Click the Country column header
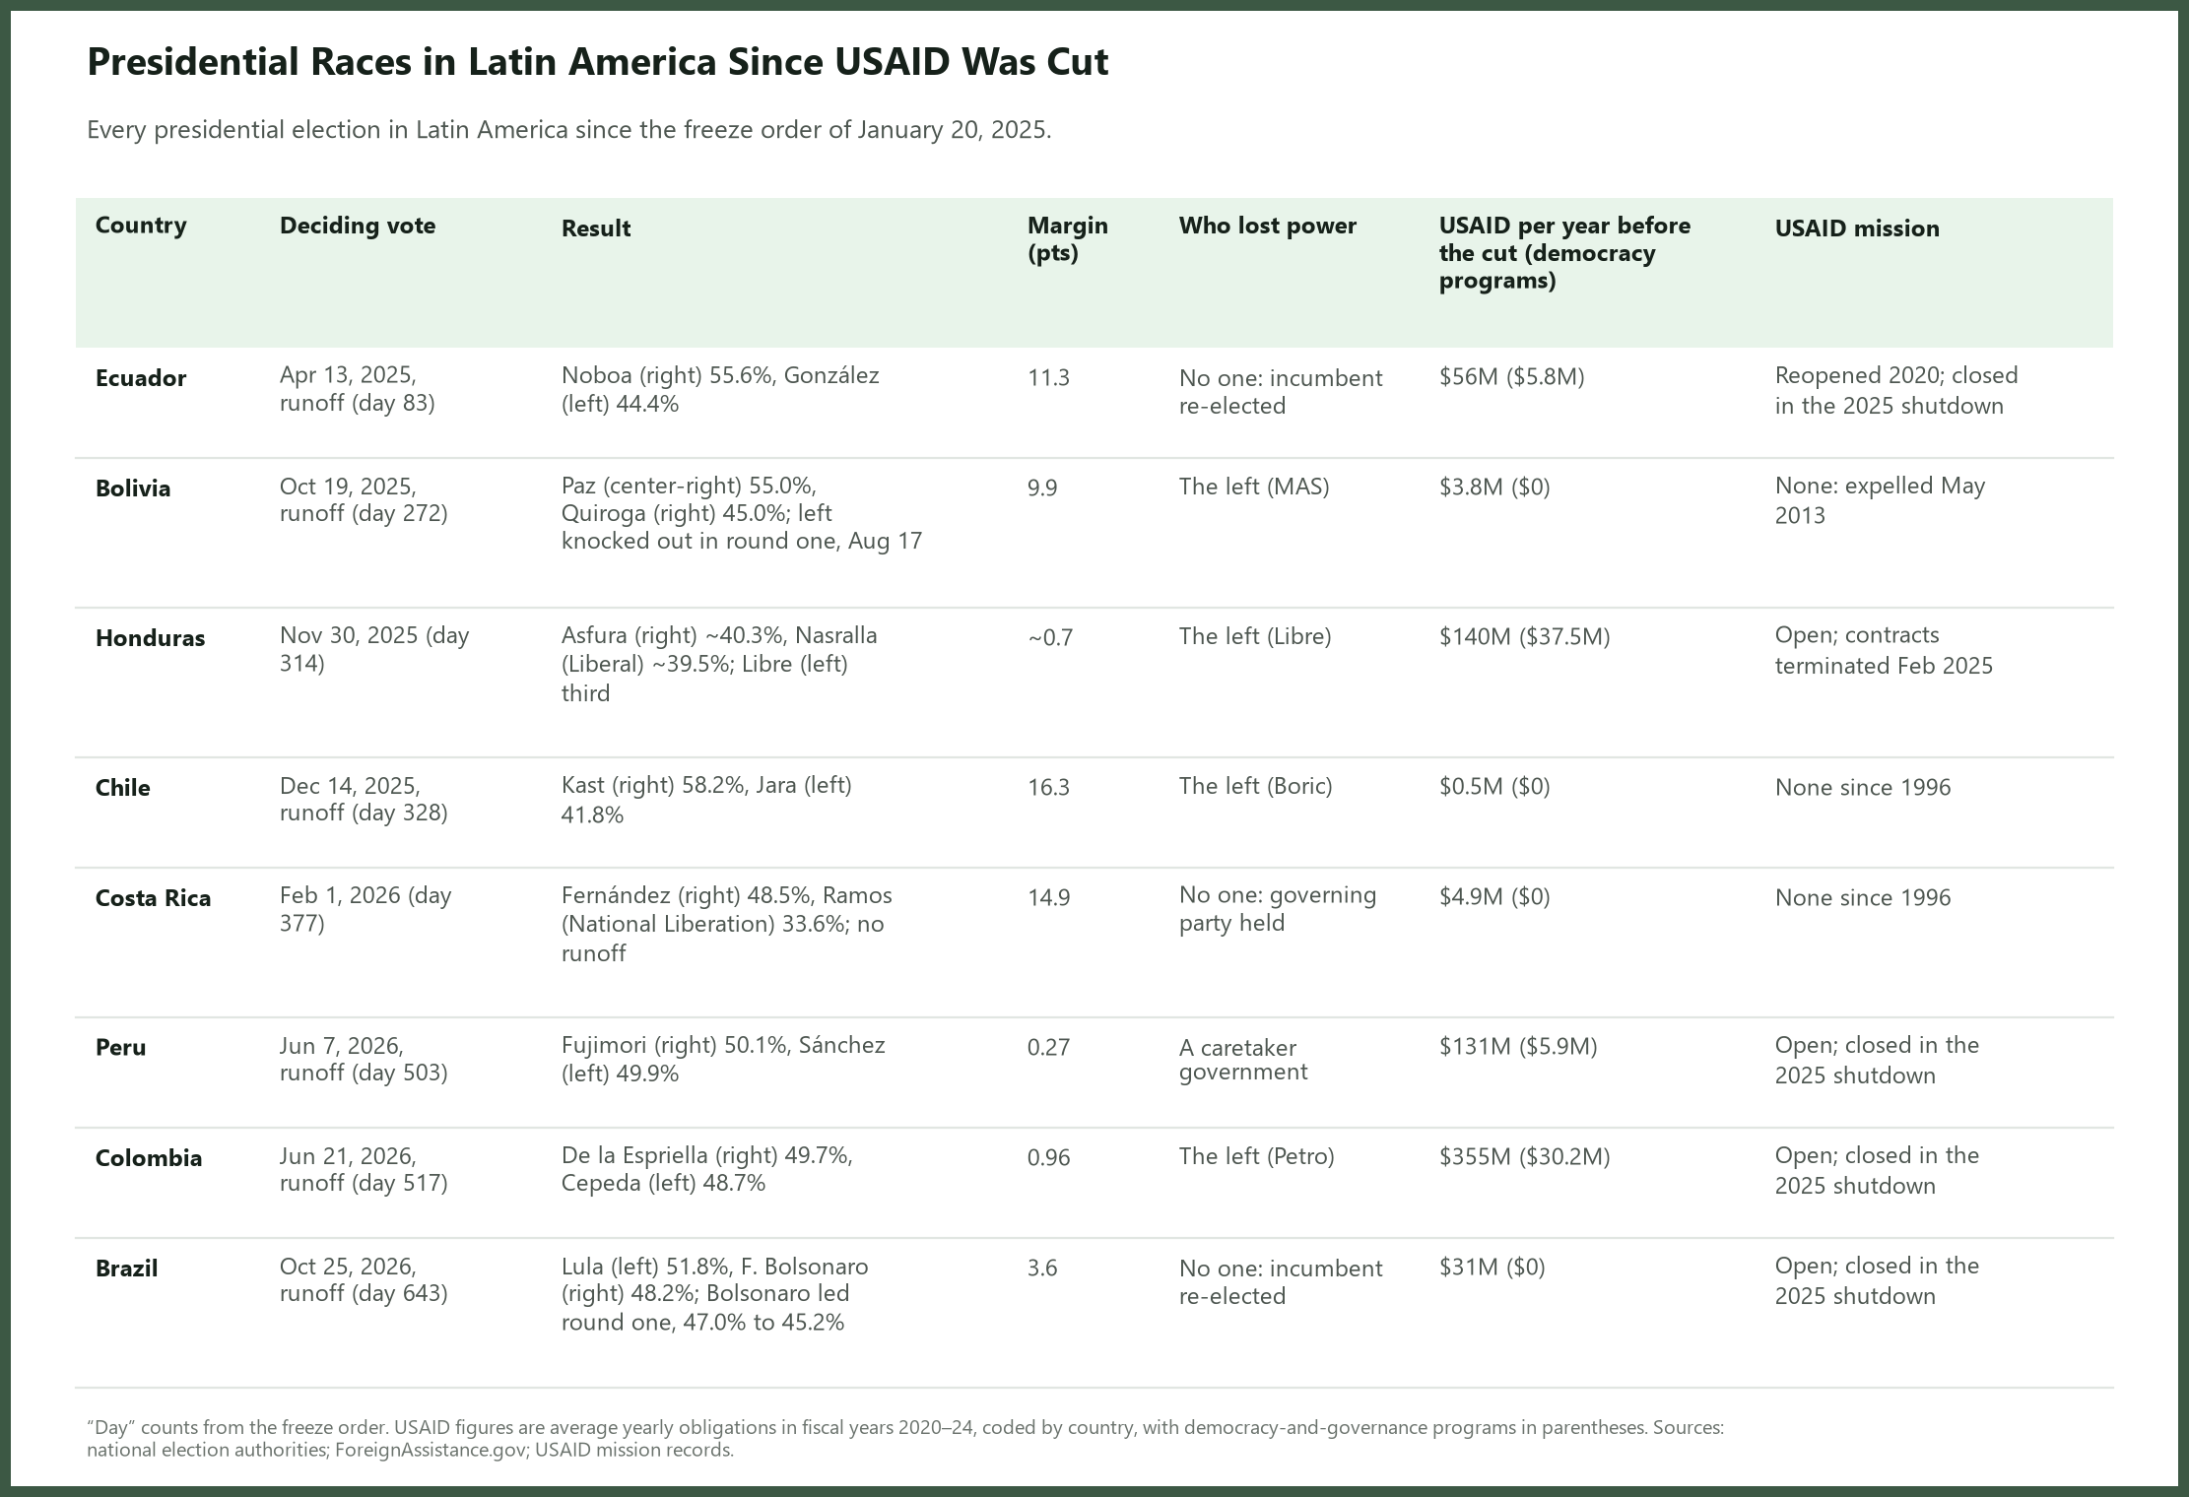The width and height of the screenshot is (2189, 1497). pyautogui.click(x=141, y=226)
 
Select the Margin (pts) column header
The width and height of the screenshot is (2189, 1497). pyautogui.click(x=1068, y=239)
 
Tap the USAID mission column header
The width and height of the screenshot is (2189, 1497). pyautogui.click(x=1857, y=228)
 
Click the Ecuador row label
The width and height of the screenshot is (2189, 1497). pyautogui.click(x=141, y=378)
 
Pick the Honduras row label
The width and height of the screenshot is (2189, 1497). pyautogui.click(x=150, y=638)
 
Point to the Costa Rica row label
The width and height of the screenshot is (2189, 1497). pyautogui.click(x=153, y=898)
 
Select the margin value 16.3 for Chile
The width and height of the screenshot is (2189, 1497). pyautogui.click(x=1048, y=788)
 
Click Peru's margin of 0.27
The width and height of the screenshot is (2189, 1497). pyautogui.click(x=1048, y=1048)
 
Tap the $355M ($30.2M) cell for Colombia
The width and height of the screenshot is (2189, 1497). pyautogui.click(x=1524, y=1157)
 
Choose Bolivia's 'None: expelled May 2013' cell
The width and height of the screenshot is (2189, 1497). pyautogui.click(x=1880, y=500)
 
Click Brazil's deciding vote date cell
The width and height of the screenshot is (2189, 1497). pyautogui.click(x=364, y=1279)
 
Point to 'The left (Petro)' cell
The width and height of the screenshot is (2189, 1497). pyautogui.click(x=1256, y=1157)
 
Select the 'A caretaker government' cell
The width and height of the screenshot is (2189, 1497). pyautogui.click(x=1243, y=1060)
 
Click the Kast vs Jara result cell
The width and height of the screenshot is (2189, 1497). pyautogui.click(x=706, y=800)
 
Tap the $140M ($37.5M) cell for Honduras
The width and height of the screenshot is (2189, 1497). pyautogui.click(x=1524, y=637)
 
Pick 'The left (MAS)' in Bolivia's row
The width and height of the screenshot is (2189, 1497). pyautogui.click(x=1254, y=488)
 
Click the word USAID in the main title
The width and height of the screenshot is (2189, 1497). pyautogui.click(x=893, y=62)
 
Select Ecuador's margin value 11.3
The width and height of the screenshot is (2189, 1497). pyautogui.click(x=1048, y=378)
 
